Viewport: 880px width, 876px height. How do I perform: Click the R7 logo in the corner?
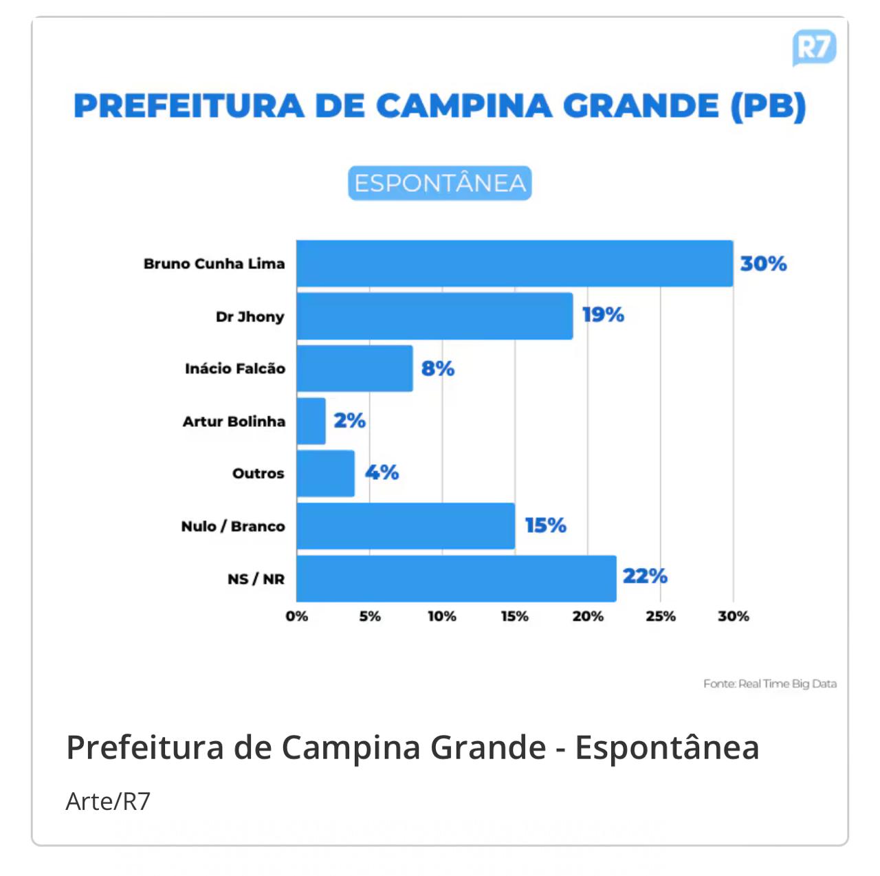coord(814,47)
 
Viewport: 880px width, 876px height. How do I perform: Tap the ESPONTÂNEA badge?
coord(440,183)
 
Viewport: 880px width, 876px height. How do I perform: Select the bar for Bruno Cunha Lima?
coord(514,263)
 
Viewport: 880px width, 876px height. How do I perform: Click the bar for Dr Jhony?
coord(434,316)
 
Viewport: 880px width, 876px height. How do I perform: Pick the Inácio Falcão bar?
coord(355,369)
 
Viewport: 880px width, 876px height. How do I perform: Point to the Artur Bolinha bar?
coord(311,421)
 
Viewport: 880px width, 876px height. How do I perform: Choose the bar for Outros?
coord(326,473)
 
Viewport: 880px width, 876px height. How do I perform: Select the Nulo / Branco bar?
coord(406,526)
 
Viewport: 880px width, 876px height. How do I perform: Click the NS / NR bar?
coord(456,578)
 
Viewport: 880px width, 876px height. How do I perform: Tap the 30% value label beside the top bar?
coord(763,263)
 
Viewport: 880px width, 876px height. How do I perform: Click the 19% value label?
coord(603,315)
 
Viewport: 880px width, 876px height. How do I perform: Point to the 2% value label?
coord(349,420)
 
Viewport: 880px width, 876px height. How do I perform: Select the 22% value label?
coord(645,576)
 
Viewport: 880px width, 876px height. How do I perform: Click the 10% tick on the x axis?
coord(442,616)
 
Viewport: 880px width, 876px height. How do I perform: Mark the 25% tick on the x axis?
coord(661,616)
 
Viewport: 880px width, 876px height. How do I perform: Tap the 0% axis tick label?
coord(297,616)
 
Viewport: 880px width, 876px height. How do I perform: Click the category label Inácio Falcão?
coord(235,369)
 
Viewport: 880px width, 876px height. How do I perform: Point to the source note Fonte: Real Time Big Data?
coord(770,683)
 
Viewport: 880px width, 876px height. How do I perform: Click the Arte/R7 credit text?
coord(108,801)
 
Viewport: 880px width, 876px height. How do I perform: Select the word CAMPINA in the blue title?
coord(464,107)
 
